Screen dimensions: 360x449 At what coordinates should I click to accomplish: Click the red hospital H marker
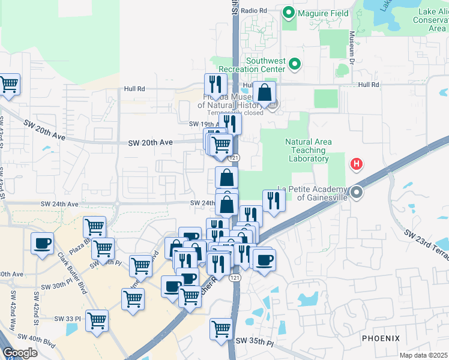coord(357,163)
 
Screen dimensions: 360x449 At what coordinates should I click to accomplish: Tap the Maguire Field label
coord(319,11)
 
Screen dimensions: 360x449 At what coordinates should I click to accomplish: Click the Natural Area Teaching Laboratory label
coord(307,151)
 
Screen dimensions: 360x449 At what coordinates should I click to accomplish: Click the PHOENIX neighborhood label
coord(381,339)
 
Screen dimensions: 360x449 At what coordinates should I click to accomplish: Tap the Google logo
coord(19,353)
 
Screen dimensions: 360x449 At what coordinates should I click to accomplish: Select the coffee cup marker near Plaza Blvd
coord(42,244)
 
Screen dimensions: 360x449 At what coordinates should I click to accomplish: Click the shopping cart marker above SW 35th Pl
coord(221,328)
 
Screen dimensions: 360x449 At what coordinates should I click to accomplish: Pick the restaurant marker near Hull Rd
coord(214,84)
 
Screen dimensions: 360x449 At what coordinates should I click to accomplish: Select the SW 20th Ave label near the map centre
coord(150,142)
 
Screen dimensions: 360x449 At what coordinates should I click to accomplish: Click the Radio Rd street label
coord(255,11)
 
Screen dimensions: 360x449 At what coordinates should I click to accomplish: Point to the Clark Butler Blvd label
coord(73,272)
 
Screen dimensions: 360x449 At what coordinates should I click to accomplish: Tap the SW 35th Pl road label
coord(255,341)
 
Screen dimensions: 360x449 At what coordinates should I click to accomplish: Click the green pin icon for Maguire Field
coord(288,11)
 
